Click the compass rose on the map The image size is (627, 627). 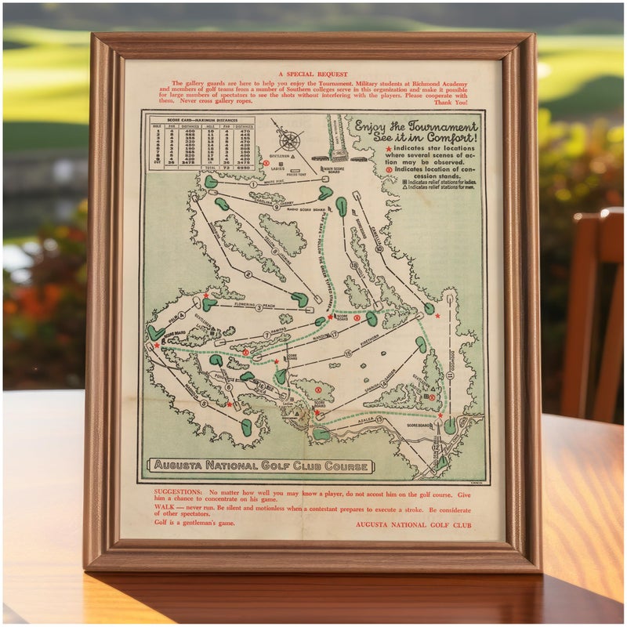click(290, 141)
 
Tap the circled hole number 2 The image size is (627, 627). click(248, 275)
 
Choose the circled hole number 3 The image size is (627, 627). click(258, 308)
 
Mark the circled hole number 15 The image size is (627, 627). click(348, 354)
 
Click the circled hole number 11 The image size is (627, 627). click(450, 375)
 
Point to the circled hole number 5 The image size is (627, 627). click(203, 404)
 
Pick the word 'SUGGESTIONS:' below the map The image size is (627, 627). click(179, 494)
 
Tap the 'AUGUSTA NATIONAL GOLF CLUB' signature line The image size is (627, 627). click(413, 524)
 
